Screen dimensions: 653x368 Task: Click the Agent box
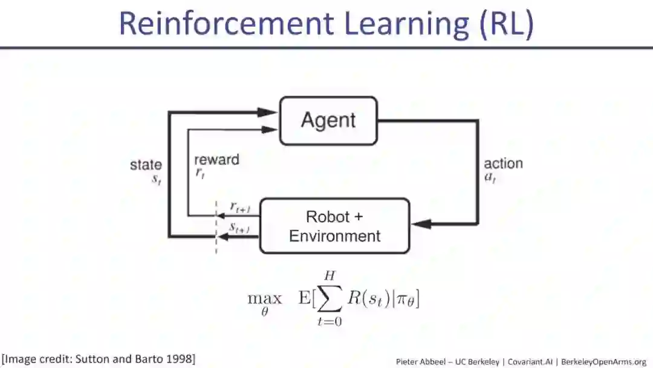pos(328,121)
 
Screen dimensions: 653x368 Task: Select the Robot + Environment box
pos(334,226)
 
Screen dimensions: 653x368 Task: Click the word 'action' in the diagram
pos(503,163)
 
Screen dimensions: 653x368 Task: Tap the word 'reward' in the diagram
pos(216,160)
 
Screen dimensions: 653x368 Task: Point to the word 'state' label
pos(146,165)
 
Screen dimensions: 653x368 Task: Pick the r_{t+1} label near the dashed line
pos(240,207)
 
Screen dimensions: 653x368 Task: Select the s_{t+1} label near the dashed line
pos(240,228)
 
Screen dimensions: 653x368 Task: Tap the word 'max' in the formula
pos(265,298)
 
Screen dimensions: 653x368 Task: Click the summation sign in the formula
pos(329,298)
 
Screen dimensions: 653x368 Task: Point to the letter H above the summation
pos(329,276)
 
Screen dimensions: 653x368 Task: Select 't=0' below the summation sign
pos(330,321)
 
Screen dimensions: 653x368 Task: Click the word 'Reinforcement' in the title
pos(226,23)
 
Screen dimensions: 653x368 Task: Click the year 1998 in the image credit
pos(179,358)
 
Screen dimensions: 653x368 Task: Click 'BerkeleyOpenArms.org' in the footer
pos(604,361)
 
